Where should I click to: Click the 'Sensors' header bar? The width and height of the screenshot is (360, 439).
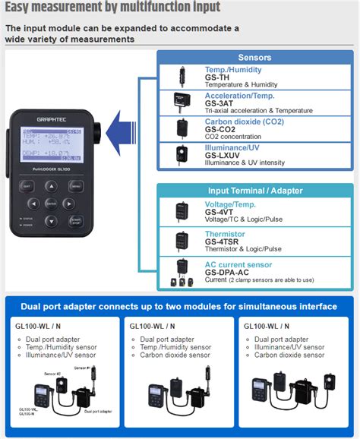pyautogui.click(x=254, y=57)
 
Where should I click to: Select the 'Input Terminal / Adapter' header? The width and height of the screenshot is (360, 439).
pyautogui.click(x=254, y=191)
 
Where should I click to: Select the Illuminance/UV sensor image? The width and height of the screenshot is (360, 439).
pyautogui.click(x=182, y=153)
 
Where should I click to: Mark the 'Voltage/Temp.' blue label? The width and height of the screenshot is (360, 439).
pyautogui.click(x=231, y=204)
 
